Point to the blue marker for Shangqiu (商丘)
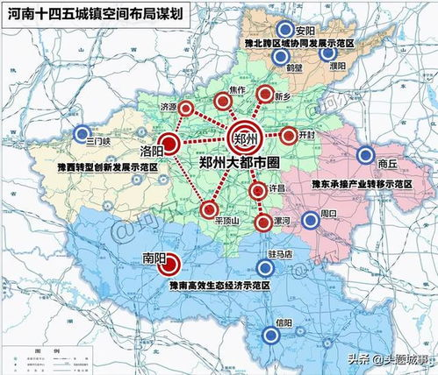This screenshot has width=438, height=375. click(364, 156)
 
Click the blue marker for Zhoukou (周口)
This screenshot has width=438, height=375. click(309, 220)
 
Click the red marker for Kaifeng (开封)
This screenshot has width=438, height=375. click(290, 136)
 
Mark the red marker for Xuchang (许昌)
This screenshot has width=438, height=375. click(257, 192)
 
